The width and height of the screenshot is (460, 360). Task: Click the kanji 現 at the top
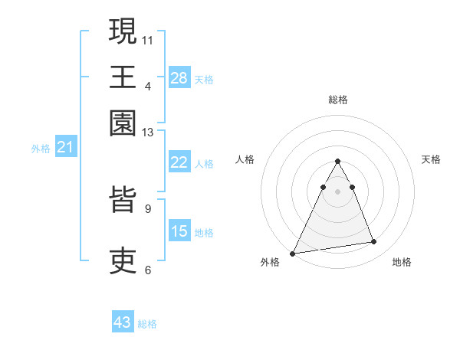pos(123,31)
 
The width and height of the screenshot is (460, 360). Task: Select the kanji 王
pos(123,77)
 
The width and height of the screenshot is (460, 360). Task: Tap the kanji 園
pos(123,123)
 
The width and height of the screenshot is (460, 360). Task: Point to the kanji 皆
pos(123,200)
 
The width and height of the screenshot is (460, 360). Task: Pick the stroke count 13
pos(148,133)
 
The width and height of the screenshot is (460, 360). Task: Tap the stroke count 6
pos(148,270)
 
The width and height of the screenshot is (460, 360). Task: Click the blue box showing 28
pos(179,77)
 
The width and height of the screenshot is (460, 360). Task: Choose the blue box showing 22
pos(179,162)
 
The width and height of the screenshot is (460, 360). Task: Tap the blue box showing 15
pos(179,231)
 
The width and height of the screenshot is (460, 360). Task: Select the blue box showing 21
pos(65,147)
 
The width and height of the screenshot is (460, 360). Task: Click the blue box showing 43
pos(123,322)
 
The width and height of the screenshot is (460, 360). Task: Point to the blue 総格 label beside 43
pos(148,324)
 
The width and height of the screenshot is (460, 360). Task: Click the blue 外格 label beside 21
pos(41,149)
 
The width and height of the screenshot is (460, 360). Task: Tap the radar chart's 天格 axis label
pos(431,159)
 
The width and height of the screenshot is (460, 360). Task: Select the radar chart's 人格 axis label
pos(245,159)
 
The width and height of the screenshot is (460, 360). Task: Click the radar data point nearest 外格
pos(293,253)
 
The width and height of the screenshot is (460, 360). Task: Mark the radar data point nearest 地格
pos(374,242)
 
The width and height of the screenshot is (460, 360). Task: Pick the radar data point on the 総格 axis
pos(337,161)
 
